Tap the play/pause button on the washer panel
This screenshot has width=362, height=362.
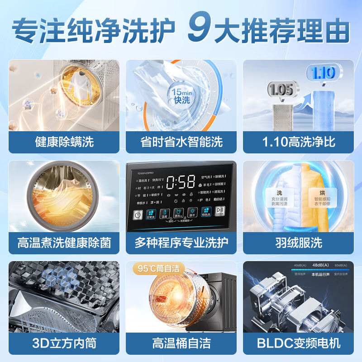[220, 213]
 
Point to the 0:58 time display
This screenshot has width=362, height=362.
[181, 182]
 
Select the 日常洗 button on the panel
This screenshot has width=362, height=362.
[151, 214]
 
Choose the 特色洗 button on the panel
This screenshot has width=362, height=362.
[206, 213]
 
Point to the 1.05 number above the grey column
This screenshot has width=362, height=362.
[281, 89]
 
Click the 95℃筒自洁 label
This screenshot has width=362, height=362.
[159, 268]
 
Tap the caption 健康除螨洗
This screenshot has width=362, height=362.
[64, 142]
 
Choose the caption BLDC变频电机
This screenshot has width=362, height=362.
[299, 343]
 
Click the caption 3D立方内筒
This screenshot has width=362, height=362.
[64, 343]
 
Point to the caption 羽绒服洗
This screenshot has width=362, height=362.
[299, 243]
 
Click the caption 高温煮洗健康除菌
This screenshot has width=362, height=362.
[64, 243]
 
